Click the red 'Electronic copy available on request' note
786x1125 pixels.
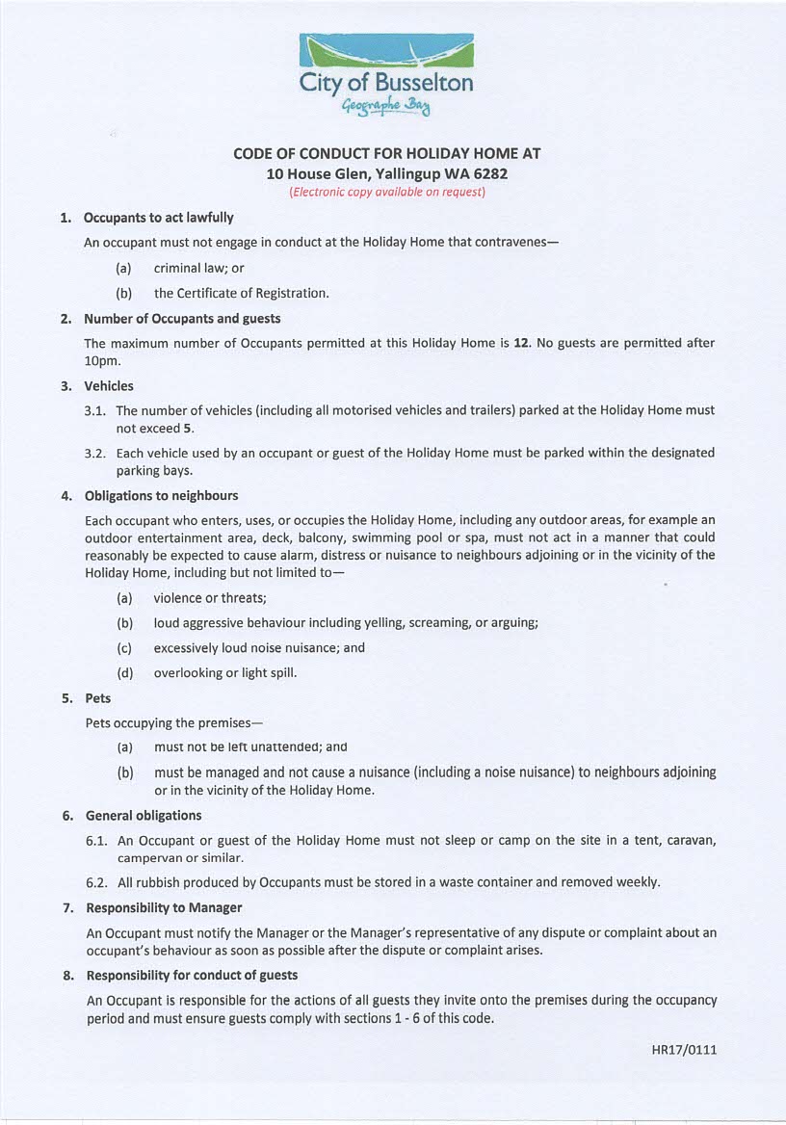pyautogui.click(x=387, y=192)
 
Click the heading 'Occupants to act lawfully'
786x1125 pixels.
pyautogui.click(x=158, y=218)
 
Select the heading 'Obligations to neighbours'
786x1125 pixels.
pyautogui.click(x=161, y=495)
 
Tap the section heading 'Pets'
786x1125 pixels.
pyautogui.click(x=97, y=697)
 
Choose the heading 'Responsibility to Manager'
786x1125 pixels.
pyautogui.click(x=164, y=907)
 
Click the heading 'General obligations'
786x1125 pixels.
pyautogui.click(x=144, y=815)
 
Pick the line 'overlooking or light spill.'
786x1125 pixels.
pyautogui.click(x=224, y=672)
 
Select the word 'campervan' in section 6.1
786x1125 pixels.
pyautogui.click(x=151, y=857)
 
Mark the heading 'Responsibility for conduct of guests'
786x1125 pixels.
pyautogui.click(x=192, y=975)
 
